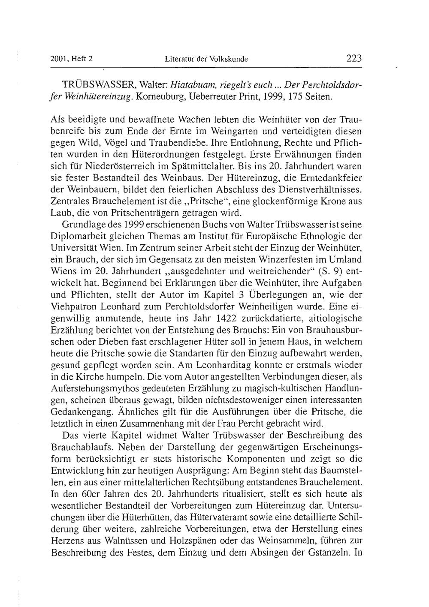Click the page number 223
354,59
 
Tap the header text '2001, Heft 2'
72,60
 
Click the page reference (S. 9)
320,271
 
